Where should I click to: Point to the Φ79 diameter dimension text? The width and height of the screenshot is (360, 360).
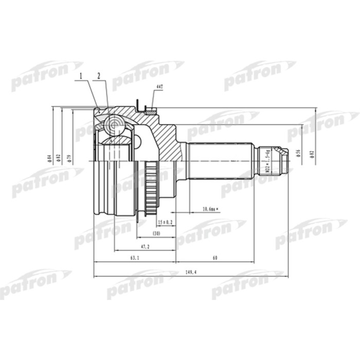coord(69,157)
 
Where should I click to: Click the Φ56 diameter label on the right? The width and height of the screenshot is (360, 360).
coord(298,153)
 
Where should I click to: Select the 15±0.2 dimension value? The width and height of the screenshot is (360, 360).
coord(165,222)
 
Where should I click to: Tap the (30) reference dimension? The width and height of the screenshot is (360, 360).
coord(156,234)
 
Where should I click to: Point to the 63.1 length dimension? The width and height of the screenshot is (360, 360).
coord(134,259)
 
